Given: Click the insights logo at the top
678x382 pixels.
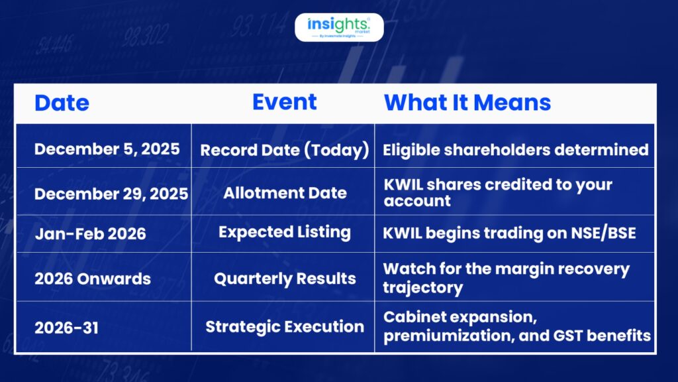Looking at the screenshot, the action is [x=339, y=27].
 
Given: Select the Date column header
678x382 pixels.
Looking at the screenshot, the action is [x=62, y=103].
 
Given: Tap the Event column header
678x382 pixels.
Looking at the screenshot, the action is [x=285, y=102].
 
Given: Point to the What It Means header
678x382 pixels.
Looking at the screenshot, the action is [x=467, y=103].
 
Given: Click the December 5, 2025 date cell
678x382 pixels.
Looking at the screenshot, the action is [x=107, y=149].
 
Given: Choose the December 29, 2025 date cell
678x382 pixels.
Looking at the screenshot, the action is [x=111, y=194].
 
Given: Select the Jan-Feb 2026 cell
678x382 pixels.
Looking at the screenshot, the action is [x=90, y=234].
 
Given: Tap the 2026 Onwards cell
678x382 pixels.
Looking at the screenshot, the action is [x=93, y=279].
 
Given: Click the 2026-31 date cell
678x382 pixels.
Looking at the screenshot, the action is [x=66, y=328].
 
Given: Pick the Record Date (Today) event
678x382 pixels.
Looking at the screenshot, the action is [x=285, y=150].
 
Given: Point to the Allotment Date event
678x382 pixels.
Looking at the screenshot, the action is [x=285, y=193].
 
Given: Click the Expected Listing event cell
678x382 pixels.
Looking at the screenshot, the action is [x=285, y=233].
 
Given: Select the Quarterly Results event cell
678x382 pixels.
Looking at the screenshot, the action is [x=285, y=279].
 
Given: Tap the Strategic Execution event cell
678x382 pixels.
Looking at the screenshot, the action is [x=285, y=326].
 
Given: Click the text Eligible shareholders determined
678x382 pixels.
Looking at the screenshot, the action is [x=515, y=150].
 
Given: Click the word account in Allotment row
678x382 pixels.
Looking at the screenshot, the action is [x=417, y=201].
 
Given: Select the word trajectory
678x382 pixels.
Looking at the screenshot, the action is [x=423, y=288].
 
